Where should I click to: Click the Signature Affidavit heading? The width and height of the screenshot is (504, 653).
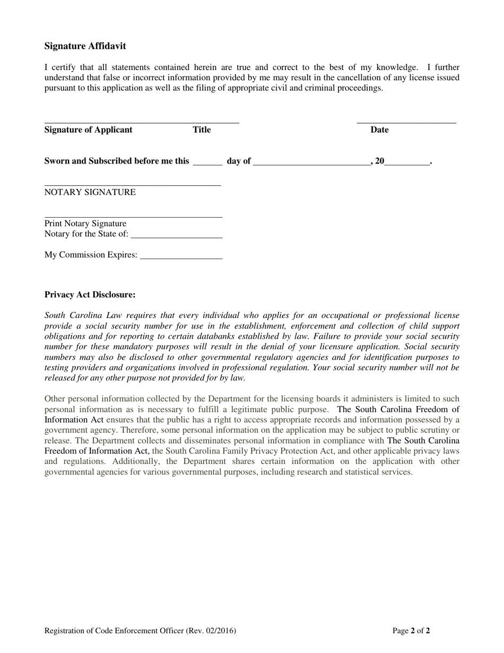point(85,46)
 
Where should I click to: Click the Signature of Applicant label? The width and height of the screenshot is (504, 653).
point(88,130)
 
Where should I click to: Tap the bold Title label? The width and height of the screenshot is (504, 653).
point(202,130)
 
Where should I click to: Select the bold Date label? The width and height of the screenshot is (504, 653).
point(379,130)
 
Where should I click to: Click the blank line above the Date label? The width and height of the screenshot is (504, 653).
point(406,122)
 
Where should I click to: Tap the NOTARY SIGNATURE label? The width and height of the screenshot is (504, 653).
point(90,192)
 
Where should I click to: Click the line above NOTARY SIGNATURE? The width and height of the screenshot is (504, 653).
point(132,185)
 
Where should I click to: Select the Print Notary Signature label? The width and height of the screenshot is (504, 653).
point(85,224)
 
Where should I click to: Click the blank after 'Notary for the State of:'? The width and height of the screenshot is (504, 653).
point(176,236)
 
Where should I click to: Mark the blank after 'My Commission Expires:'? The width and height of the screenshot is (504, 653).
point(181,257)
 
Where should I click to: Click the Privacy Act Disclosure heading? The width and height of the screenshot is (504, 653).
point(90,294)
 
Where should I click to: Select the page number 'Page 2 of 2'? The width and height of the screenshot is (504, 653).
point(411,631)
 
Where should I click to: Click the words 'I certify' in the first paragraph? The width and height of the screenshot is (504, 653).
point(59,67)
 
